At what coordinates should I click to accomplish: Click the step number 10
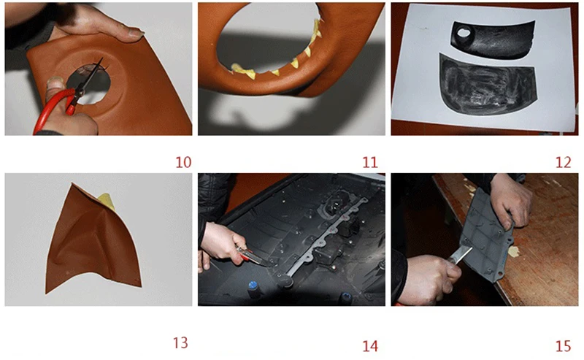click(x=183, y=162)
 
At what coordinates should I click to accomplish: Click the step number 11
click(x=370, y=162)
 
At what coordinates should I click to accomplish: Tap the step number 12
click(x=563, y=162)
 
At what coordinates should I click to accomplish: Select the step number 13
click(x=180, y=343)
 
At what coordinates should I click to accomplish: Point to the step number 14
click(x=370, y=346)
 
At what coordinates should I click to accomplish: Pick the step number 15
click(x=563, y=346)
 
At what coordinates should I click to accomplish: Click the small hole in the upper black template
click(x=464, y=33)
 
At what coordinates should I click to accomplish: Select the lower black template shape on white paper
click(x=488, y=85)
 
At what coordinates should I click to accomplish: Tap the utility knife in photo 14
click(x=253, y=257)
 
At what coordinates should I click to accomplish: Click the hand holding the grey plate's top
click(x=511, y=202)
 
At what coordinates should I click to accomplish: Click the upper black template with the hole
click(x=493, y=39)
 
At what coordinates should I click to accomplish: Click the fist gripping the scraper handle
click(x=432, y=277)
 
